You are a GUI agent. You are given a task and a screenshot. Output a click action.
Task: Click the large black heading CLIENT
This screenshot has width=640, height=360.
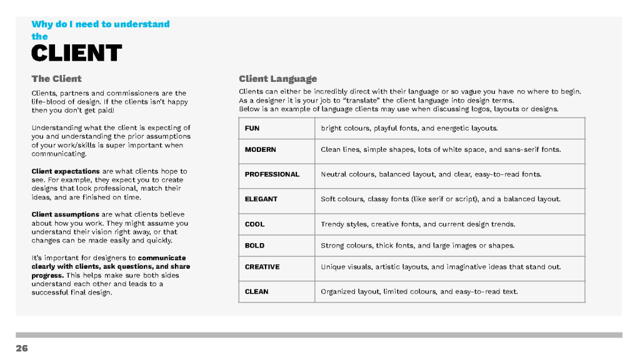coord(76,53)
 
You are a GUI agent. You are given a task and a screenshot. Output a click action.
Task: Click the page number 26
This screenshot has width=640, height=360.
coord(22,349)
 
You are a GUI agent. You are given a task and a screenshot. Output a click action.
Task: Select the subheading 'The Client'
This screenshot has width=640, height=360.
coord(56,79)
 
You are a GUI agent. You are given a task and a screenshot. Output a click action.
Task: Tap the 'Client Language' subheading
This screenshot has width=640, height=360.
coord(277,79)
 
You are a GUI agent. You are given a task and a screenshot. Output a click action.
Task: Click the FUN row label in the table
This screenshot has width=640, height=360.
coord(252,128)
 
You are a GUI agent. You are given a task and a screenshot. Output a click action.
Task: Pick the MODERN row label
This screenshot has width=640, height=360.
coord(260,150)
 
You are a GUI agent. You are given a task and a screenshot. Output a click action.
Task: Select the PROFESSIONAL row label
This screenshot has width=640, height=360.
coord(272,174)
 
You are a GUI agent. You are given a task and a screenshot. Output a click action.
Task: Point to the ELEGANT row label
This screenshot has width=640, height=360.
coord(261,199)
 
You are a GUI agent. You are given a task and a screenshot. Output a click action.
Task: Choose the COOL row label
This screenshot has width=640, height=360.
coord(254,224)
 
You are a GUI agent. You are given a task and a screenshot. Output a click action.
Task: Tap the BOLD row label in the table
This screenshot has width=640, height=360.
coord(254,246)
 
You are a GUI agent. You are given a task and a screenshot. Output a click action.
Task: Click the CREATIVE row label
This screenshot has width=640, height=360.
coord(262,267)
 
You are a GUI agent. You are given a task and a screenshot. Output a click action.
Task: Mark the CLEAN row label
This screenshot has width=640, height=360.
coord(256,291)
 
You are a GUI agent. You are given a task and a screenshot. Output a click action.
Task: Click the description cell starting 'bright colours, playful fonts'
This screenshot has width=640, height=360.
coord(409,128)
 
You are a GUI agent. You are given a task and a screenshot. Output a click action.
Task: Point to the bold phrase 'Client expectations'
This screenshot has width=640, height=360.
coord(66,171)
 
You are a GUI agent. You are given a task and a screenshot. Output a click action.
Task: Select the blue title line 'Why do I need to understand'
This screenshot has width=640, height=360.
coord(101,24)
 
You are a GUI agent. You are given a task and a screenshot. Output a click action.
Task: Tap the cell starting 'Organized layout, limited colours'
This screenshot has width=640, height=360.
coord(419,291)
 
